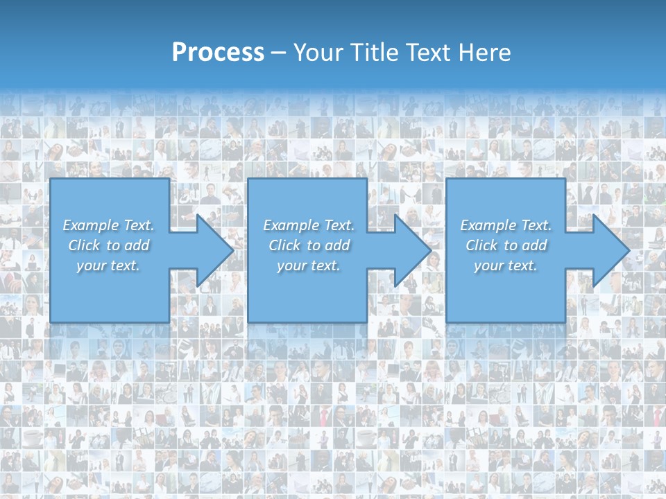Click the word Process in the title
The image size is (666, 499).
(218, 52)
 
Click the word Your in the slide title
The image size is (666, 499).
(316, 52)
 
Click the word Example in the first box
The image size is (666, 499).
(89, 225)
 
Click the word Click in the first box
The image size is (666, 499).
(84, 245)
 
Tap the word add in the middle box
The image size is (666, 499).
(336, 245)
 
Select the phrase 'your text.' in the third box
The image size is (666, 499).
(506, 265)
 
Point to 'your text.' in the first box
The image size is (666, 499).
(108, 265)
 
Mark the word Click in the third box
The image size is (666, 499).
(481, 245)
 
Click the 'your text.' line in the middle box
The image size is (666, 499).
(308, 265)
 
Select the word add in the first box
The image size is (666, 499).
(136, 245)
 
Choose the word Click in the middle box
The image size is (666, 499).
(284, 245)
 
